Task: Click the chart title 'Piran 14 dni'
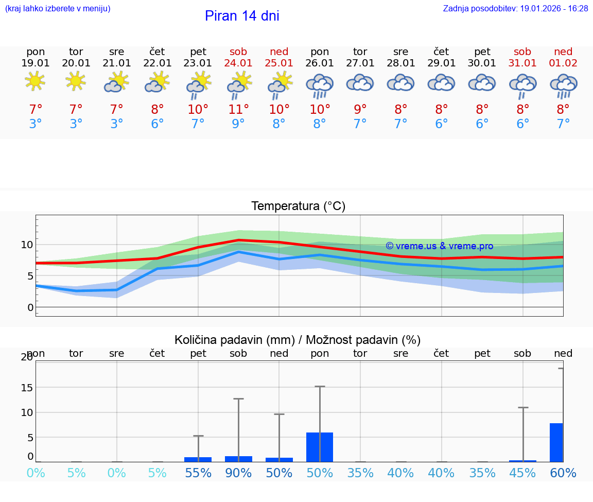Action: click(242, 16)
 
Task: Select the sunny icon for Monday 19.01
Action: click(36, 81)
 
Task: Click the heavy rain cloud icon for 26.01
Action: click(320, 85)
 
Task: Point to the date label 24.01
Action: click(238, 63)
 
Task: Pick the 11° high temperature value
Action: click(238, 109)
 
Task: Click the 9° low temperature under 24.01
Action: click(238, 124)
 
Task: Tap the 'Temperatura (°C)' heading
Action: click(298, 206)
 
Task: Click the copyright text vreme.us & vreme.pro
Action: click(439, 246)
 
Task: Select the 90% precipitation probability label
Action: click(238, 473)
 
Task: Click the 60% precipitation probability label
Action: click(563, 473)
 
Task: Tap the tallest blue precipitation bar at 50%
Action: click(320, 447)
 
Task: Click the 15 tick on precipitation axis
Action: click(27, 388)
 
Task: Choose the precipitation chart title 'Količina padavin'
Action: click(298, 340)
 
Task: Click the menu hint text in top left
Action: click(58, 9)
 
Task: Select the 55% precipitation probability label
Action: click(198, 473)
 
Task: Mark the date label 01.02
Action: click(563, 63)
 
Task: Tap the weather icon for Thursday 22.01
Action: click(157, 82)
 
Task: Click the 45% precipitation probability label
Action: click(522, 473)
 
